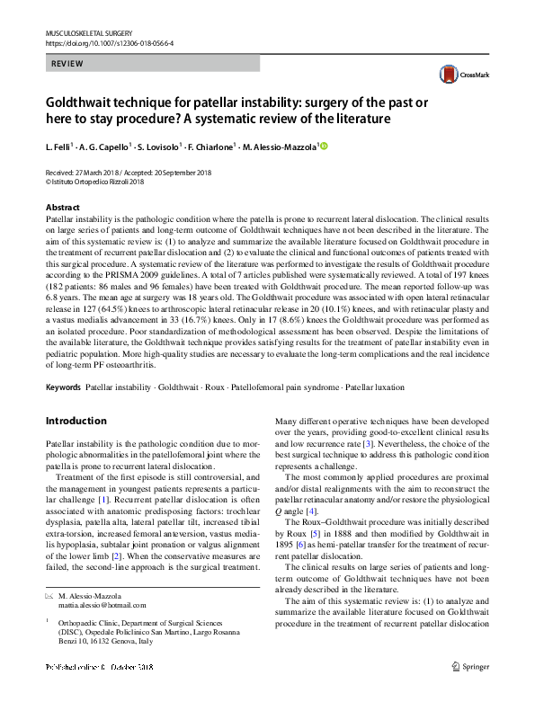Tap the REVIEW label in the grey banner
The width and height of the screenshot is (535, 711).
click(x=68, y=64)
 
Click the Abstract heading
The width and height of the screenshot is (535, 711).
click(x=62, y=208)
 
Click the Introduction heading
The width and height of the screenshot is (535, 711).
click(x=76, y=421)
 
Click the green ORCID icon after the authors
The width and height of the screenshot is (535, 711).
click(x=324, y=147)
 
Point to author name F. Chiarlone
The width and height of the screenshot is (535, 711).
click(x=210, y=147)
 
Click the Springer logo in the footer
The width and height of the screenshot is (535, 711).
click(x=472, y=692)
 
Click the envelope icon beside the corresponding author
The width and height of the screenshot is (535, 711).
click(x=49, y=596)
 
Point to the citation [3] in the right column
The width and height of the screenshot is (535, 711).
click(x=367, y=445)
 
